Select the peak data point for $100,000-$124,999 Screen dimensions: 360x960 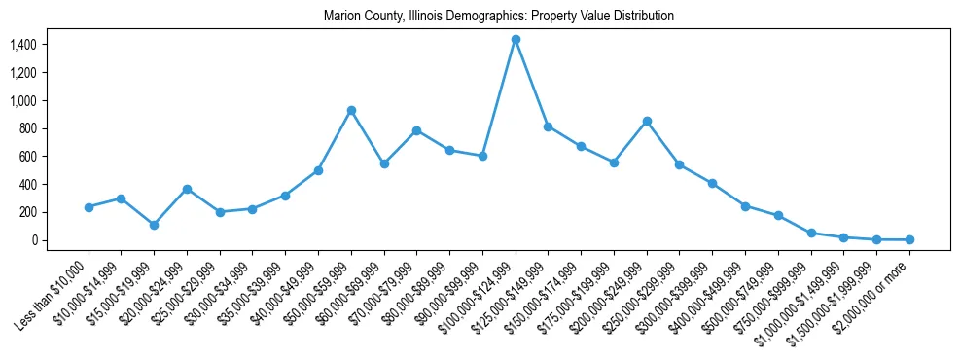pyautogui.click(x=516, y=39)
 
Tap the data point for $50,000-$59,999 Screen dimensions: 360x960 pyautogui.click(x=351, y=110)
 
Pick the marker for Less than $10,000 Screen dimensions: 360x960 pyautogui.click(x=89, y=207)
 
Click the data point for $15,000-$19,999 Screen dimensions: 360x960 pyautogui.click(x=154, y=225)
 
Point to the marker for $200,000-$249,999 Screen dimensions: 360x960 pyautogui.click(x=647, y=121)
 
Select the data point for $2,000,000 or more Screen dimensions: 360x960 pyautogui.click(x=909, y=239)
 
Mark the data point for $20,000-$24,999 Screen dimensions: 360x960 pyautogui.click(x=187, y=189)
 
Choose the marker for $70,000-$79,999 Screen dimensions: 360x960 pyautogui.click(x=416, y=130)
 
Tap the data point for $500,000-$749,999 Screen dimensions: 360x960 pyautogui.click(x=778, y=215)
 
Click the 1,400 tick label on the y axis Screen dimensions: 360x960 pyautogui.click(x=22, y=45)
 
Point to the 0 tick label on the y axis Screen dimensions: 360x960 pyautogui.click(x=32, y=240)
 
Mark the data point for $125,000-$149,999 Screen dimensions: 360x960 pyautogui.click(x=548, y=126)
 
